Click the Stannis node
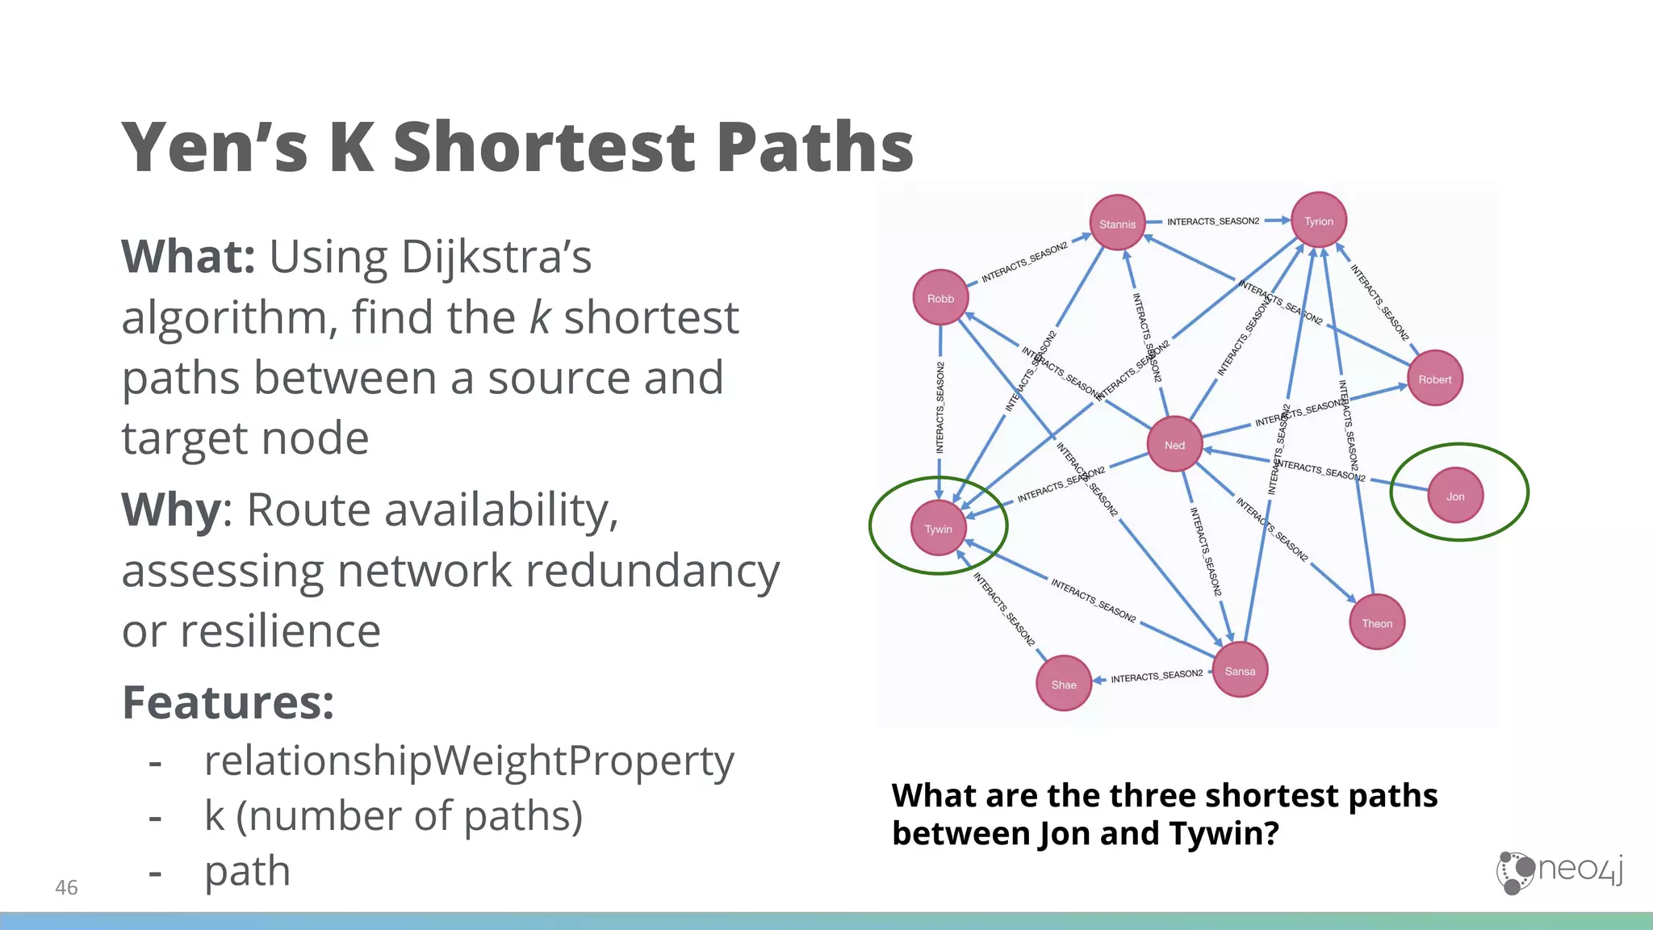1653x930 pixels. (1117, 224)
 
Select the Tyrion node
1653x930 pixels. (1319, 220)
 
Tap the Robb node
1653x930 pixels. (940, 298)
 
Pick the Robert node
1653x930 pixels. (1434, 379)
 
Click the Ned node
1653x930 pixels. (1174, 445)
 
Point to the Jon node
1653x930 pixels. (1455, 496)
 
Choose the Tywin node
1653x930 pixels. (938, 529)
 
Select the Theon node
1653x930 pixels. (1377, 622)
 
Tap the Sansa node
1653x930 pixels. (1240, 670)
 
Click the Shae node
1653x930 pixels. (1064, 684)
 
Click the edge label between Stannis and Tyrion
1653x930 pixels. (1213, 221)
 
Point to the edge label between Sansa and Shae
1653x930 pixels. (1157, 677)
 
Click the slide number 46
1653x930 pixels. (66, 887)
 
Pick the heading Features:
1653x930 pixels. (228, 702)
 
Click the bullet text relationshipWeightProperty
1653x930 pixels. (469, 760)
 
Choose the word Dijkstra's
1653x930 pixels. (496, 257)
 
